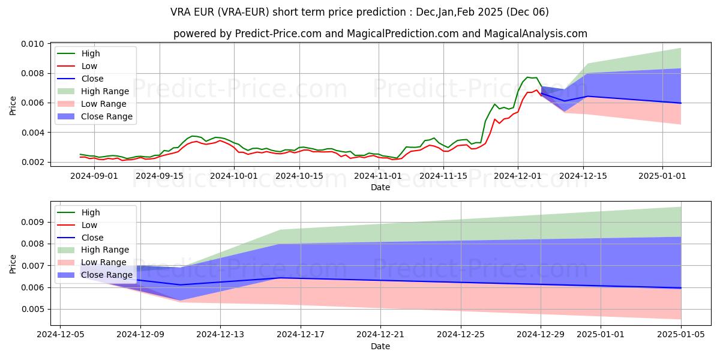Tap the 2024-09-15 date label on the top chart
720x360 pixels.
pyautogui.click(x=160, y=176)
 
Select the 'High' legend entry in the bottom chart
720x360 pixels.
pyautogui.click(x=91, y=212)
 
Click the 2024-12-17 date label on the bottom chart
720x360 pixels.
pyautogui.click(x=301, y=335)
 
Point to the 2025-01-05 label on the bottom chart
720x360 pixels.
pyautogui.click(x=681, y=335)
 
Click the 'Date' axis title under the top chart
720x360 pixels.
pyautogui.click(x=380, y=187)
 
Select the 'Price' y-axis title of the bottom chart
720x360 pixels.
pyautogui.click(x=13, y=264)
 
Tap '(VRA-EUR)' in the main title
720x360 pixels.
pyautogui.click(x=247, y=12)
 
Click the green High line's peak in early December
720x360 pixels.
pyautogui.click(x=527, y=77)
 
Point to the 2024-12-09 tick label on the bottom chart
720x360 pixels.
pyautogui.click(x=140, y=335)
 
